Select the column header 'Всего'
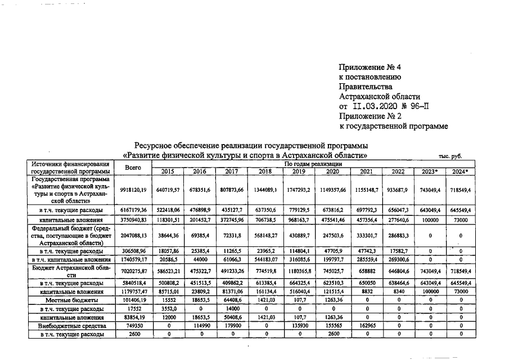tap(133, 167)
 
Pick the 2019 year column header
tap(299, 171)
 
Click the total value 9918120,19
tap(133, 190)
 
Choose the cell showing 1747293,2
tap(299, 190)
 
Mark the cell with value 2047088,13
tap(133, 237)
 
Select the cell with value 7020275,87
tap(133, 272)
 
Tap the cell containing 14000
tap(232, 309)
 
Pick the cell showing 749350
tap(133, 325)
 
